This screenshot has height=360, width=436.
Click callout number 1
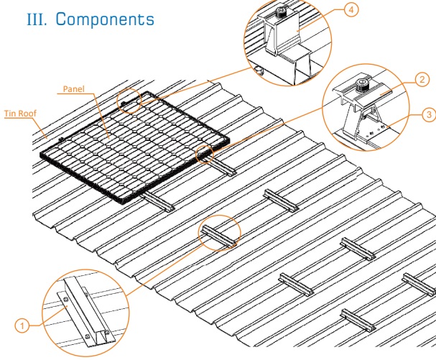click(24, 326)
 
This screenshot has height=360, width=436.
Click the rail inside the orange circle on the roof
click(218, 234)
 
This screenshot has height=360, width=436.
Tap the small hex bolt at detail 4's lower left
click(256, 69)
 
